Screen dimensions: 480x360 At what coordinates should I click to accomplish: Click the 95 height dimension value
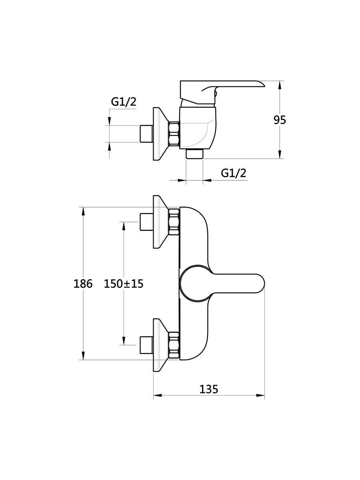coord(280,120)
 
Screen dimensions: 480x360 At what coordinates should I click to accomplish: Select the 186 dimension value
coord(83,284)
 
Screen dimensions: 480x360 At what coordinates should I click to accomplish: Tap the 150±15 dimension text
coord(124,284)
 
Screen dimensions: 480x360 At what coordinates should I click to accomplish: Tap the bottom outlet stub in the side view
coord(195,154)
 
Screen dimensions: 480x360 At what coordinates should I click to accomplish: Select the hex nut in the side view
coord(174,134)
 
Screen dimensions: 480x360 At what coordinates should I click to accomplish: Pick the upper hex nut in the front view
coord(174,222)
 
